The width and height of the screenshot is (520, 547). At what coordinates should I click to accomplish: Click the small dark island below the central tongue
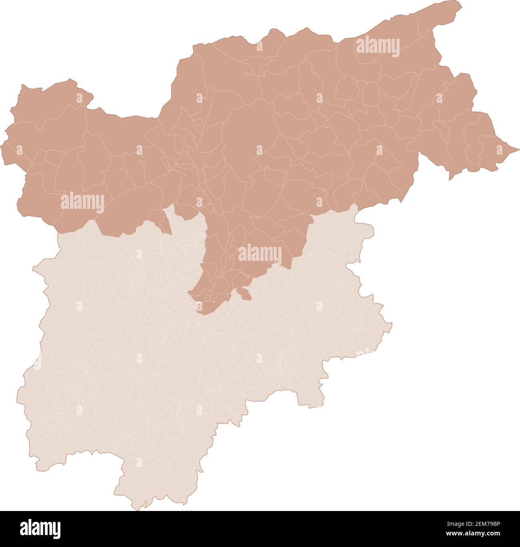coord(244,294)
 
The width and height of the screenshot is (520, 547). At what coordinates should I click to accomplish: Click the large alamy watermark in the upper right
coord(377,46)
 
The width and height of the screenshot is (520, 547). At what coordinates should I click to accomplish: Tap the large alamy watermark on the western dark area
coord(82,202)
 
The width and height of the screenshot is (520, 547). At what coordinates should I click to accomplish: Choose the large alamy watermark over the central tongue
coord(260,254)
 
